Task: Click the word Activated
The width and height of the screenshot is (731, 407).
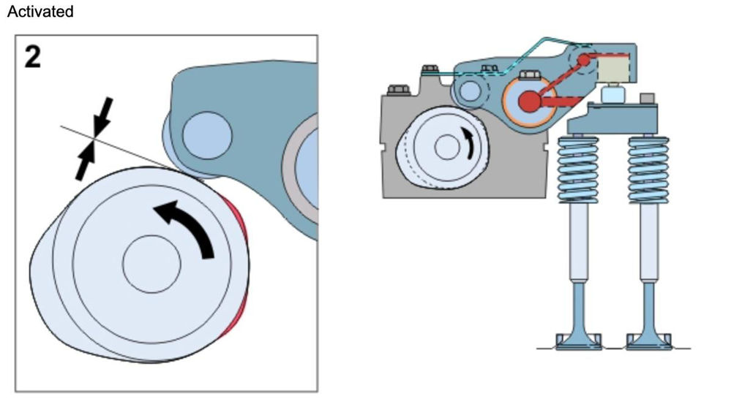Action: coord(40,12)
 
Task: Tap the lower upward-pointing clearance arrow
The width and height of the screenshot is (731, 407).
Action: coord(84,161)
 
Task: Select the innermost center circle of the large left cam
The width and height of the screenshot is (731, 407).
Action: coord(151,263)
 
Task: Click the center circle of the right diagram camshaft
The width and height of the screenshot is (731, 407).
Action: coord(446,148)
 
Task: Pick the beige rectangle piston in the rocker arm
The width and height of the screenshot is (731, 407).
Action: coord(613,70)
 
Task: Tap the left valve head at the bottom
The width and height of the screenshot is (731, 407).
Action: coord(578,341)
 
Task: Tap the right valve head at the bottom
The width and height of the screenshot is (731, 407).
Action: coord(648,341)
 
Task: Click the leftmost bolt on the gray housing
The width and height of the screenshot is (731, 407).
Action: coord(397,90)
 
